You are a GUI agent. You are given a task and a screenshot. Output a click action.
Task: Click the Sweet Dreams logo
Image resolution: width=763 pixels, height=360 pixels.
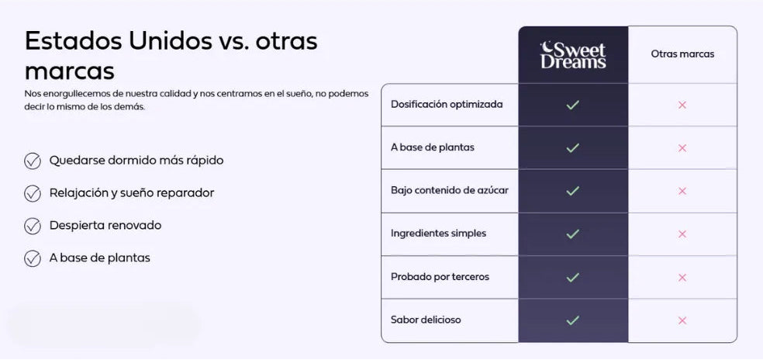(573, 55)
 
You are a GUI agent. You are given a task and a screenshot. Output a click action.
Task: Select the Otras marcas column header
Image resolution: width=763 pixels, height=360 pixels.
(682, 54)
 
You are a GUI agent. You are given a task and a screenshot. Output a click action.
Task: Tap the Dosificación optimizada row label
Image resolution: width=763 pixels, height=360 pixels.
(447, 104)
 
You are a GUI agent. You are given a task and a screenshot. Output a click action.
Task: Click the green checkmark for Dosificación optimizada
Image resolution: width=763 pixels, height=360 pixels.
(573, 105)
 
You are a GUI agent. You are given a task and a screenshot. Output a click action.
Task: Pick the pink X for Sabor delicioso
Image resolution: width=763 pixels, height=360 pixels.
(682, 320)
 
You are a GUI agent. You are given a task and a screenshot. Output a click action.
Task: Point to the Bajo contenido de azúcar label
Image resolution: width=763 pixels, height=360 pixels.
(450, 190)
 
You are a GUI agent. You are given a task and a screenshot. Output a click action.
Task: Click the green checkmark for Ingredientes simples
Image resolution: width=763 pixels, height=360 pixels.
(573, 234)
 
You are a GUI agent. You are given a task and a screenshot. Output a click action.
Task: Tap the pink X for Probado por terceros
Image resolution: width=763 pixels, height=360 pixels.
(682, 278)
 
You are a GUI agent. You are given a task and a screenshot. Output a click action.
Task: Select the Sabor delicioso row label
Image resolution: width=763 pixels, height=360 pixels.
(426, 320)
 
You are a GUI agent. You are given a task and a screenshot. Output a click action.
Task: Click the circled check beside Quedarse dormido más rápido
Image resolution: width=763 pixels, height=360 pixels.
(33, 161)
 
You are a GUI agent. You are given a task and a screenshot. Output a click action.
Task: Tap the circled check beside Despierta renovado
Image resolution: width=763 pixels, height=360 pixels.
(33, 226)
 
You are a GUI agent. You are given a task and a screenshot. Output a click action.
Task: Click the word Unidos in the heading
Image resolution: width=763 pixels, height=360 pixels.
(171, 41)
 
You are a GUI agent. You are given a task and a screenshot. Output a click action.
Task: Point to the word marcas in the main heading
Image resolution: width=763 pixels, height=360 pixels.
(70, 71)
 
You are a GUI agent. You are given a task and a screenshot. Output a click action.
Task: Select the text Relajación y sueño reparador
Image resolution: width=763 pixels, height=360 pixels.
(132, 193)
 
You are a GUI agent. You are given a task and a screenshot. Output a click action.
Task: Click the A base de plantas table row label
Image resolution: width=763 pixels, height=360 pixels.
(433, 147)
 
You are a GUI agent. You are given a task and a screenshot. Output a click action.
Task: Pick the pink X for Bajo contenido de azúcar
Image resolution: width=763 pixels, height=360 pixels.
(682, 191)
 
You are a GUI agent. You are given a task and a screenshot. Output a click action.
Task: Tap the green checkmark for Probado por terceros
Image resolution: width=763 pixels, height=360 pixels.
(573, 277)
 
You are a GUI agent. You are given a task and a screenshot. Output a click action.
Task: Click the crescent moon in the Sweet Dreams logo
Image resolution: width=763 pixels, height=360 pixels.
(547, 47)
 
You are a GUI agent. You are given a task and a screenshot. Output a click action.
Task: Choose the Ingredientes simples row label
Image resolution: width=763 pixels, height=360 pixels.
(438, 234)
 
